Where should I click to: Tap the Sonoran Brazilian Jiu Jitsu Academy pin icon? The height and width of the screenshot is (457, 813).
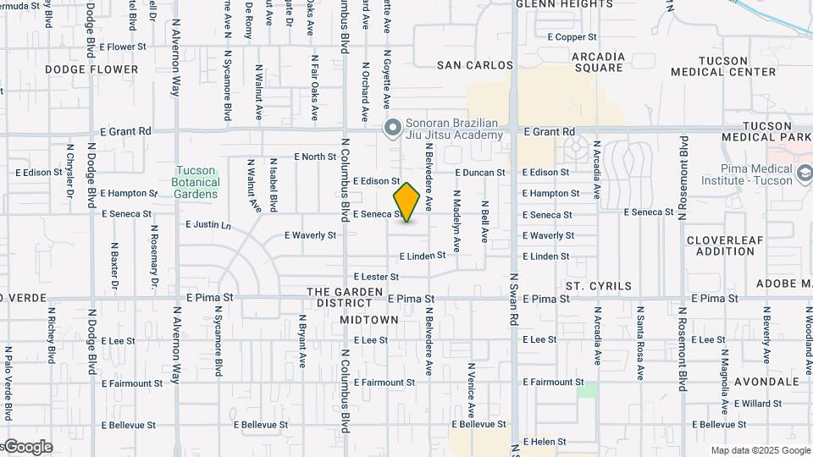coord(392,128)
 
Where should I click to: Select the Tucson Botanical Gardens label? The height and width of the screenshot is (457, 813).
coord(196,182)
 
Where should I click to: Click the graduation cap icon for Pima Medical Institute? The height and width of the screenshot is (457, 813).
coord(804,173)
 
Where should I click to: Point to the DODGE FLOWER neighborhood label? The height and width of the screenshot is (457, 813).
coord(91,69)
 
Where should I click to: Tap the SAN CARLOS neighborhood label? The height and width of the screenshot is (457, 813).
coord(475,65)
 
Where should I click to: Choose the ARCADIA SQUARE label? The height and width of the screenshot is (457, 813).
coord(598,63)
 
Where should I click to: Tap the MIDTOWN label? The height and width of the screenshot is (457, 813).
coord(369,319)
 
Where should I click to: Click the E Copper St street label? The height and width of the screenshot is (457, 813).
coord(572,37)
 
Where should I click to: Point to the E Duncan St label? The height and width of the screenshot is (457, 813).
coord(479,173)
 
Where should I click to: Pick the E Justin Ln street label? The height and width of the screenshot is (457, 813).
coord(208,225)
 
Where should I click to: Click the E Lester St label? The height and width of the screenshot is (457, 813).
coord(376,277)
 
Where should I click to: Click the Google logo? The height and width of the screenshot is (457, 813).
coord(27,447)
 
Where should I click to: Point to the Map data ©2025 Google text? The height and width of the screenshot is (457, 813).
coord(760,450)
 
